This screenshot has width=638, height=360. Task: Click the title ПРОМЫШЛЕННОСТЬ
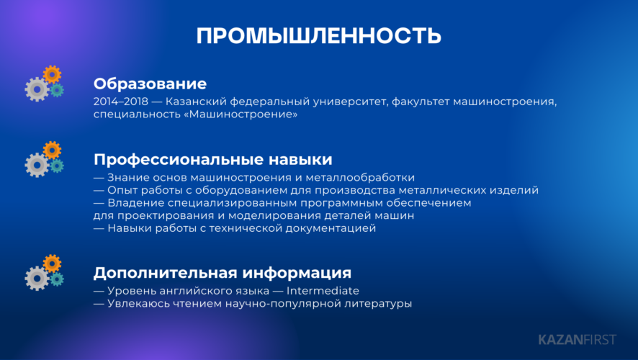[318, 36]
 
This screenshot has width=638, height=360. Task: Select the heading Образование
[150, 84]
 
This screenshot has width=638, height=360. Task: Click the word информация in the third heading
[297, 273]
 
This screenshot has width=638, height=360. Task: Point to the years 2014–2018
[121, 102]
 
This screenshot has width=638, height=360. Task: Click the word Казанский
[196, 102]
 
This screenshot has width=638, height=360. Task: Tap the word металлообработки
[360, 177]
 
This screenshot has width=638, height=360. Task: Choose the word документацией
[331, 229]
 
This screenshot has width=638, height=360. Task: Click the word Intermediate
[323, 291]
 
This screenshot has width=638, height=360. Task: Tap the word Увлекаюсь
[138, 303]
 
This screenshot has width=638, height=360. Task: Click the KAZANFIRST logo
[578, 340]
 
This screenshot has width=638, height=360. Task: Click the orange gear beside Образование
[52, 75]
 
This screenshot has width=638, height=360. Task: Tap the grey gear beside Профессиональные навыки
[37, 165]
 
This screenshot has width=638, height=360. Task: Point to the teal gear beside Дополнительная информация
[57, 279]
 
